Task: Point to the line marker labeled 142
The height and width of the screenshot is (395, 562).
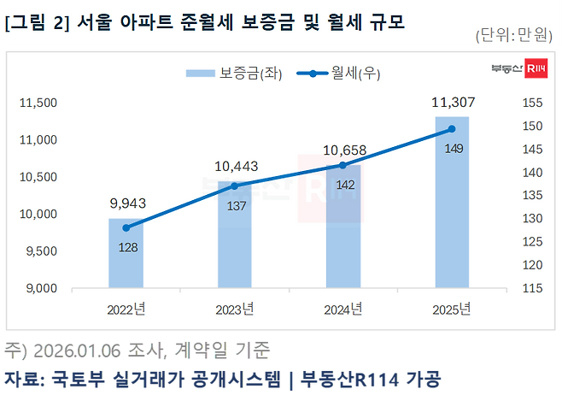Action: pyautogui.click(x=342, y=165)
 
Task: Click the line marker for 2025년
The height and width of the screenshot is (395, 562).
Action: pyautogui.click(x=452, y=129)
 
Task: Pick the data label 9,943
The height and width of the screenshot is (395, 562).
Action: pyautogui.click(x=126, y=204)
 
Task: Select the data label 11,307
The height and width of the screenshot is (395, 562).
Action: pyautogui.click(x=453, y=103)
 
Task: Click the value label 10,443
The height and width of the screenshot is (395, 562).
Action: pyautogui.click(x=235, y=166)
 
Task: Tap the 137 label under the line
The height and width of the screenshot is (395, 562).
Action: pyautogui.click(x=235, y=205)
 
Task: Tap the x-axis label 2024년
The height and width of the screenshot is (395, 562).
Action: pyautogui.click(x=342, y=308)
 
